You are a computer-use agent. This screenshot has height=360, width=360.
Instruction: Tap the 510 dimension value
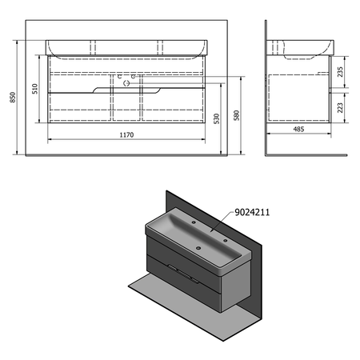tap(35, 90)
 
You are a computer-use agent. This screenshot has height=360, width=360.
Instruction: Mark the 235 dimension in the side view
tap(341, 72)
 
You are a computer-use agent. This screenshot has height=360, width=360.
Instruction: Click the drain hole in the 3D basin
tap(210, 230)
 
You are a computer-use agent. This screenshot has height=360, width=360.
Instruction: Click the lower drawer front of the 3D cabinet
tap(180, 287)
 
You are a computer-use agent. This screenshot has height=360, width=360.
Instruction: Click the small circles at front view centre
tap(128, 78)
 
